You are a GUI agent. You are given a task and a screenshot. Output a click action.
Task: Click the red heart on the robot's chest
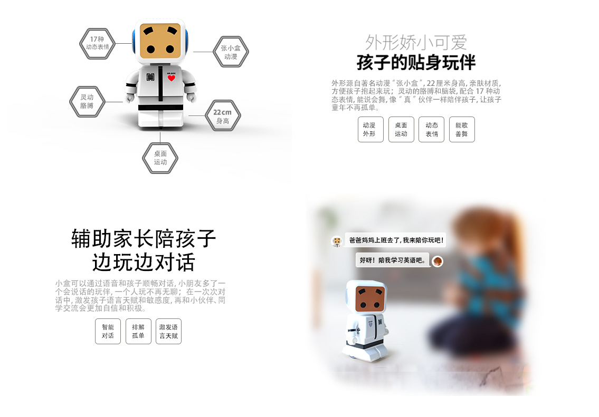tap(171, 78)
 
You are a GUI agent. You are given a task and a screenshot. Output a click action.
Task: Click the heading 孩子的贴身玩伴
tap(416, 63)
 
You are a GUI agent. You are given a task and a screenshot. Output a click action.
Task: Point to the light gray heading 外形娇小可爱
tap(416, 42)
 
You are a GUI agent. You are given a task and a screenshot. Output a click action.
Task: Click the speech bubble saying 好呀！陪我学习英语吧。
tap(392, 260)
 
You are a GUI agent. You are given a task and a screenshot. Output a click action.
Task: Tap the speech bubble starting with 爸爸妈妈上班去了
tap(396, 240)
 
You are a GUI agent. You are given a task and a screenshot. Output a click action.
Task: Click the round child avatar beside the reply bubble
tap(438, 261)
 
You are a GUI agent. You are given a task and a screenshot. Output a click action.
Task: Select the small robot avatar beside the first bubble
tap(337, 241)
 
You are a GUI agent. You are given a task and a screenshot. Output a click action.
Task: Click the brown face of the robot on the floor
tap(369, 299)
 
